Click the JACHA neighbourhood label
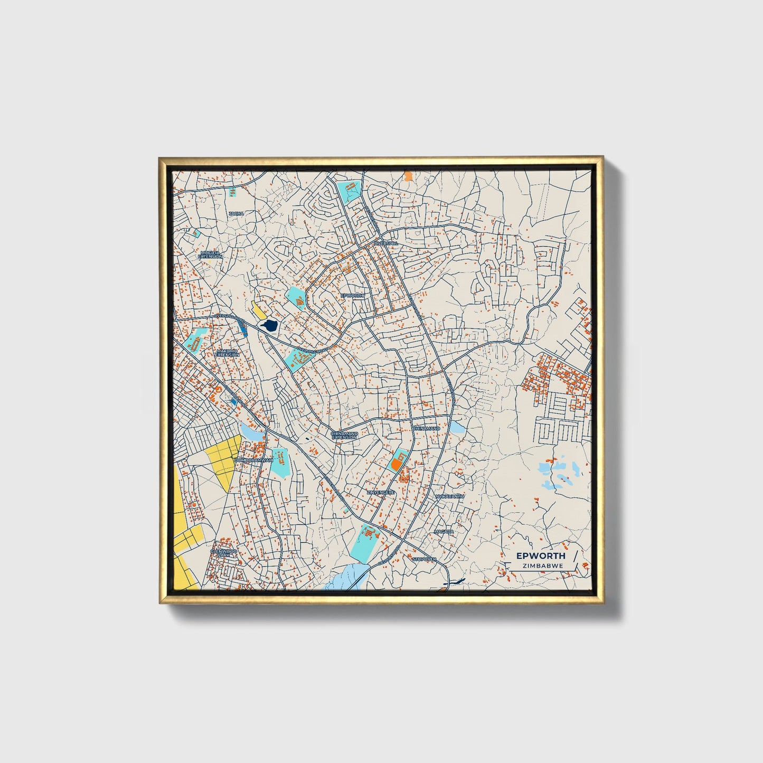[236, 213]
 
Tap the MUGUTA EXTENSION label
[210, 255]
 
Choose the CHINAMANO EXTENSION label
[344, 435]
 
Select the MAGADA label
[444, 531]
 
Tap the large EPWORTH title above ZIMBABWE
[541, 555]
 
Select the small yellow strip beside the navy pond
[259, 310]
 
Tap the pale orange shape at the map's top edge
[408, 175]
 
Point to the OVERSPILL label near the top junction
[385, 243]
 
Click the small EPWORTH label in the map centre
[353, 296]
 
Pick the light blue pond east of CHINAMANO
[457, 427]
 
